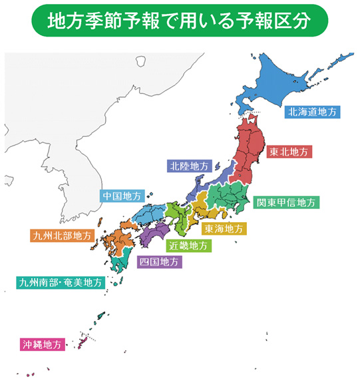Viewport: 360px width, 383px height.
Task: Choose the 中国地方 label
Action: (x=122, y=196)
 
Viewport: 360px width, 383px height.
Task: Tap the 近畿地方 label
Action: (x=188, y=245)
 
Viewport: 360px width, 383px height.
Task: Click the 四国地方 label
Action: (x=158, y=261)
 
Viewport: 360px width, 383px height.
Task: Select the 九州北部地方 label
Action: (x=61, y=235)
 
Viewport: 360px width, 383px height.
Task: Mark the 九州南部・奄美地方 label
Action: (x=61, y=283)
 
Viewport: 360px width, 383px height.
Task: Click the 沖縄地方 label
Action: (x=41, y=344)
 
